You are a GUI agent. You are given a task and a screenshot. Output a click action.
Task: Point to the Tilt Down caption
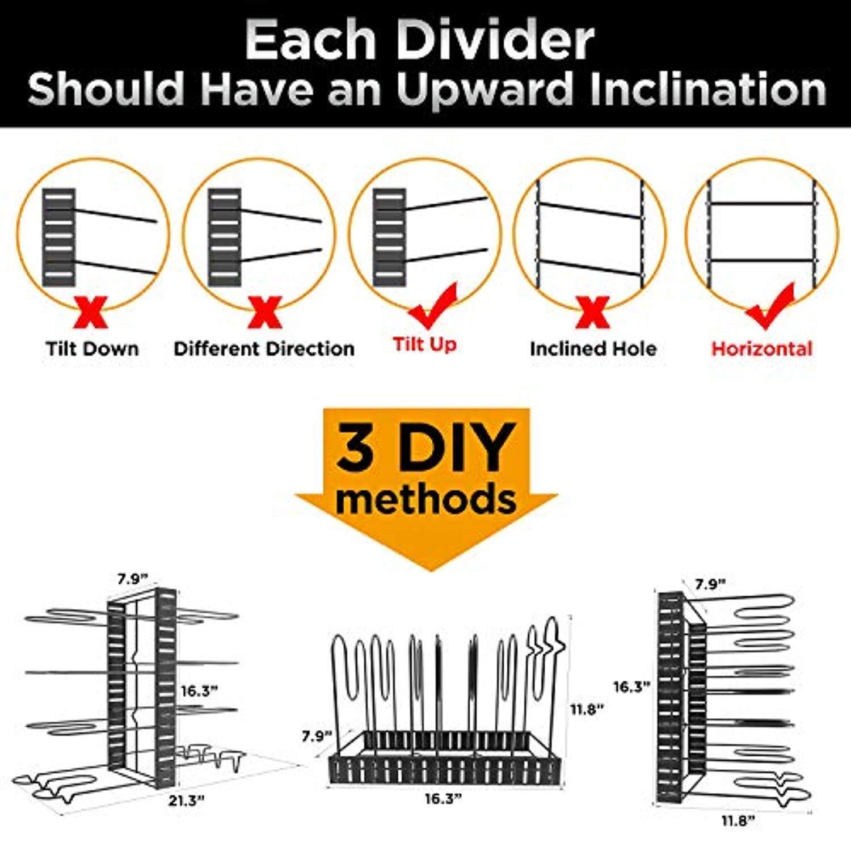click(92, 348)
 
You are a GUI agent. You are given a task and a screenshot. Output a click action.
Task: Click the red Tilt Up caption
click(425, 344)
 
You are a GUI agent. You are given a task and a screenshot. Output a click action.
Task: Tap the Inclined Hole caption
click(593, 348)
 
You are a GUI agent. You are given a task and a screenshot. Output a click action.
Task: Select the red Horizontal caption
click(762, 348)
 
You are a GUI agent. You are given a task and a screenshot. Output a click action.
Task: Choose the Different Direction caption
click(264, 348)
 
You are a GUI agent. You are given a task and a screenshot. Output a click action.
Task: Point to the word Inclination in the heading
click(708, 89)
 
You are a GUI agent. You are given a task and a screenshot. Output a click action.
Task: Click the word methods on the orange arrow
click(425, 500)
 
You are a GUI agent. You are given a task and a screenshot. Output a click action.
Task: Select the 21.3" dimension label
click(186, 801)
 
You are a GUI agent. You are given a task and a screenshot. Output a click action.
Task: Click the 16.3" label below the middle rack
click(443, 799)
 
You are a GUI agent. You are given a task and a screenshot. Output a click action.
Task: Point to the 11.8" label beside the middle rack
click(586, 709)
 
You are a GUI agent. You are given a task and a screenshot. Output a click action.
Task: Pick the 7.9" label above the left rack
click(132, 579)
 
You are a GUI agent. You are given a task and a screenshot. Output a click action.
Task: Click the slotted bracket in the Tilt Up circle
click(390, 237)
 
